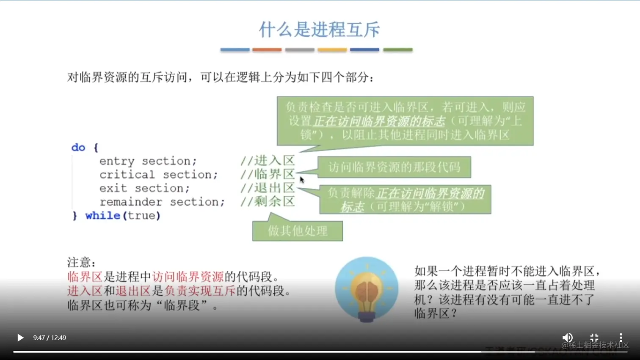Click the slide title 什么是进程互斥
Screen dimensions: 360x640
point(319,29)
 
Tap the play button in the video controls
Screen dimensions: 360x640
point(20,338)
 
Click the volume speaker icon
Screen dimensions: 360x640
point(567,338)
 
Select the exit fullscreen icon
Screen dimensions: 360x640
point(594,338)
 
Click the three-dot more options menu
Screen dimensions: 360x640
point(621,338)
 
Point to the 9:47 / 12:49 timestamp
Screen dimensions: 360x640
point(50,338)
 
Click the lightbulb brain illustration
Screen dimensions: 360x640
point(367,290)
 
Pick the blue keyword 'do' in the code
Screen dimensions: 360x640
point(78,147)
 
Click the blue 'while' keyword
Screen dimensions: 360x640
point(103,216)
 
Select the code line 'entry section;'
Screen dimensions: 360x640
point(148,161)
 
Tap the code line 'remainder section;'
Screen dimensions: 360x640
point(162,202)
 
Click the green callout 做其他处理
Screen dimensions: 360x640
point(298,231)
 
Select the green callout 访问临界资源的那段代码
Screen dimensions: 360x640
point(394,167)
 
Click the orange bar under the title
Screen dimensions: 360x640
point(267,50)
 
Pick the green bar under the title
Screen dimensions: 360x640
point(397,50)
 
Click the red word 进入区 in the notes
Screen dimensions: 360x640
point(85,291)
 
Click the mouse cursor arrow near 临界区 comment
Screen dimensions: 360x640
point(302,180)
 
